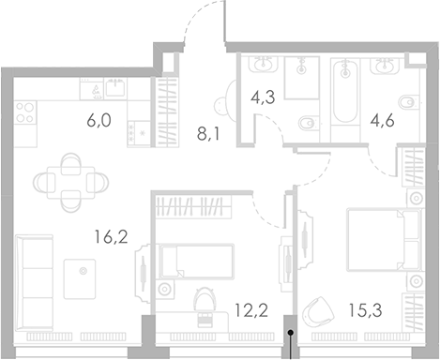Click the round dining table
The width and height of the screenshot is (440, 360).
pos(70,176)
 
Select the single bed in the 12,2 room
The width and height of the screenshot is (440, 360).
pos(197,257)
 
